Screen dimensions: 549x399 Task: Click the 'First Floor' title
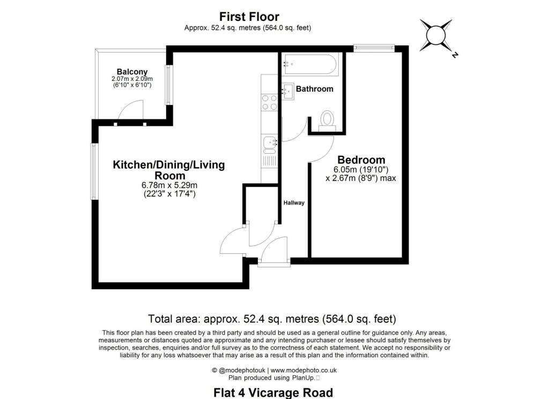click(x=249, y=17)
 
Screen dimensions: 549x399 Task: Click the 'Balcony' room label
click(x=132, y=72)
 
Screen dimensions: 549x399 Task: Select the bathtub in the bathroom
click(x=310, y=64)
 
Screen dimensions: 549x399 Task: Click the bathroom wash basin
click(x=288, y=91)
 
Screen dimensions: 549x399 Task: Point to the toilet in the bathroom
click(x=328, y=121)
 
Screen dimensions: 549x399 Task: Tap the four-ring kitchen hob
click(x=269, y=103)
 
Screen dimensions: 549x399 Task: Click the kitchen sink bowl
click(x=270, y=142)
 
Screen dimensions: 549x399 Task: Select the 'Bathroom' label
click(x=314, y=89)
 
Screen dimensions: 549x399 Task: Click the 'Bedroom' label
click(x=361, y=160)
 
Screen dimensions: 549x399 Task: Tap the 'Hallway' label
click(x=294, y=203)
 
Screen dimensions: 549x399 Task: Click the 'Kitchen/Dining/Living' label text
click(x=169, y=165)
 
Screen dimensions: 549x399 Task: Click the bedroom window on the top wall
click(x=374, y=48)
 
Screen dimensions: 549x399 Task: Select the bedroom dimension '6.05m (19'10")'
click(x=361, y=170)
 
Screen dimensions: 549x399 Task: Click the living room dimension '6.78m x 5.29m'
click(x=169, y=185)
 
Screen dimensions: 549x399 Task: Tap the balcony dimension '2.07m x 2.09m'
click(x=132, y=79)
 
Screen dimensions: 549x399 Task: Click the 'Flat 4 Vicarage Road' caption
click(x=273, y=393)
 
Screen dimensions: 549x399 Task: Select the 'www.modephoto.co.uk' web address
click(x=303, y=370)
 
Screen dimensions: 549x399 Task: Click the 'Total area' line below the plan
click(x=272, y=319)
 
